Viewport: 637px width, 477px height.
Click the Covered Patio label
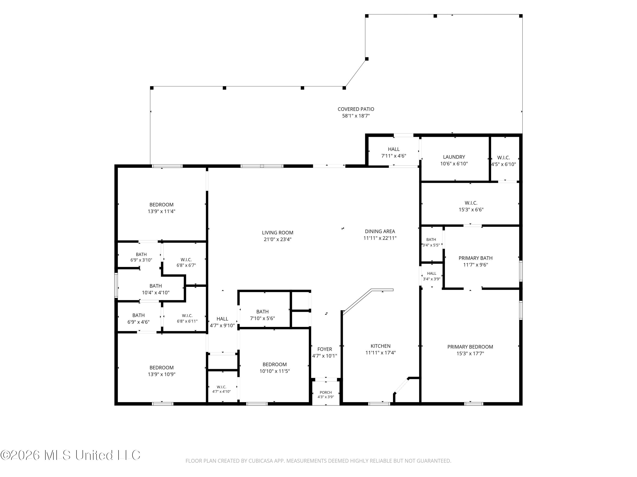(356, 109)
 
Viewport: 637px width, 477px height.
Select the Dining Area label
(380, 232)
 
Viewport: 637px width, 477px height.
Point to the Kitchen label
(381, 346)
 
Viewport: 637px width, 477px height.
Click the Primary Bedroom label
(470, 347)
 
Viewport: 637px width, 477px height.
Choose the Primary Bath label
(475, 258)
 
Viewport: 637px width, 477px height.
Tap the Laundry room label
(454, 157)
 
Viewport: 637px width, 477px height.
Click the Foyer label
(324, 349)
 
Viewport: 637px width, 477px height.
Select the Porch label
(326, 392)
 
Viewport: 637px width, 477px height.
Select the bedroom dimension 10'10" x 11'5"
(274, 371)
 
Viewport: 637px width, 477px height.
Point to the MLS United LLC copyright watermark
(70, 455)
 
